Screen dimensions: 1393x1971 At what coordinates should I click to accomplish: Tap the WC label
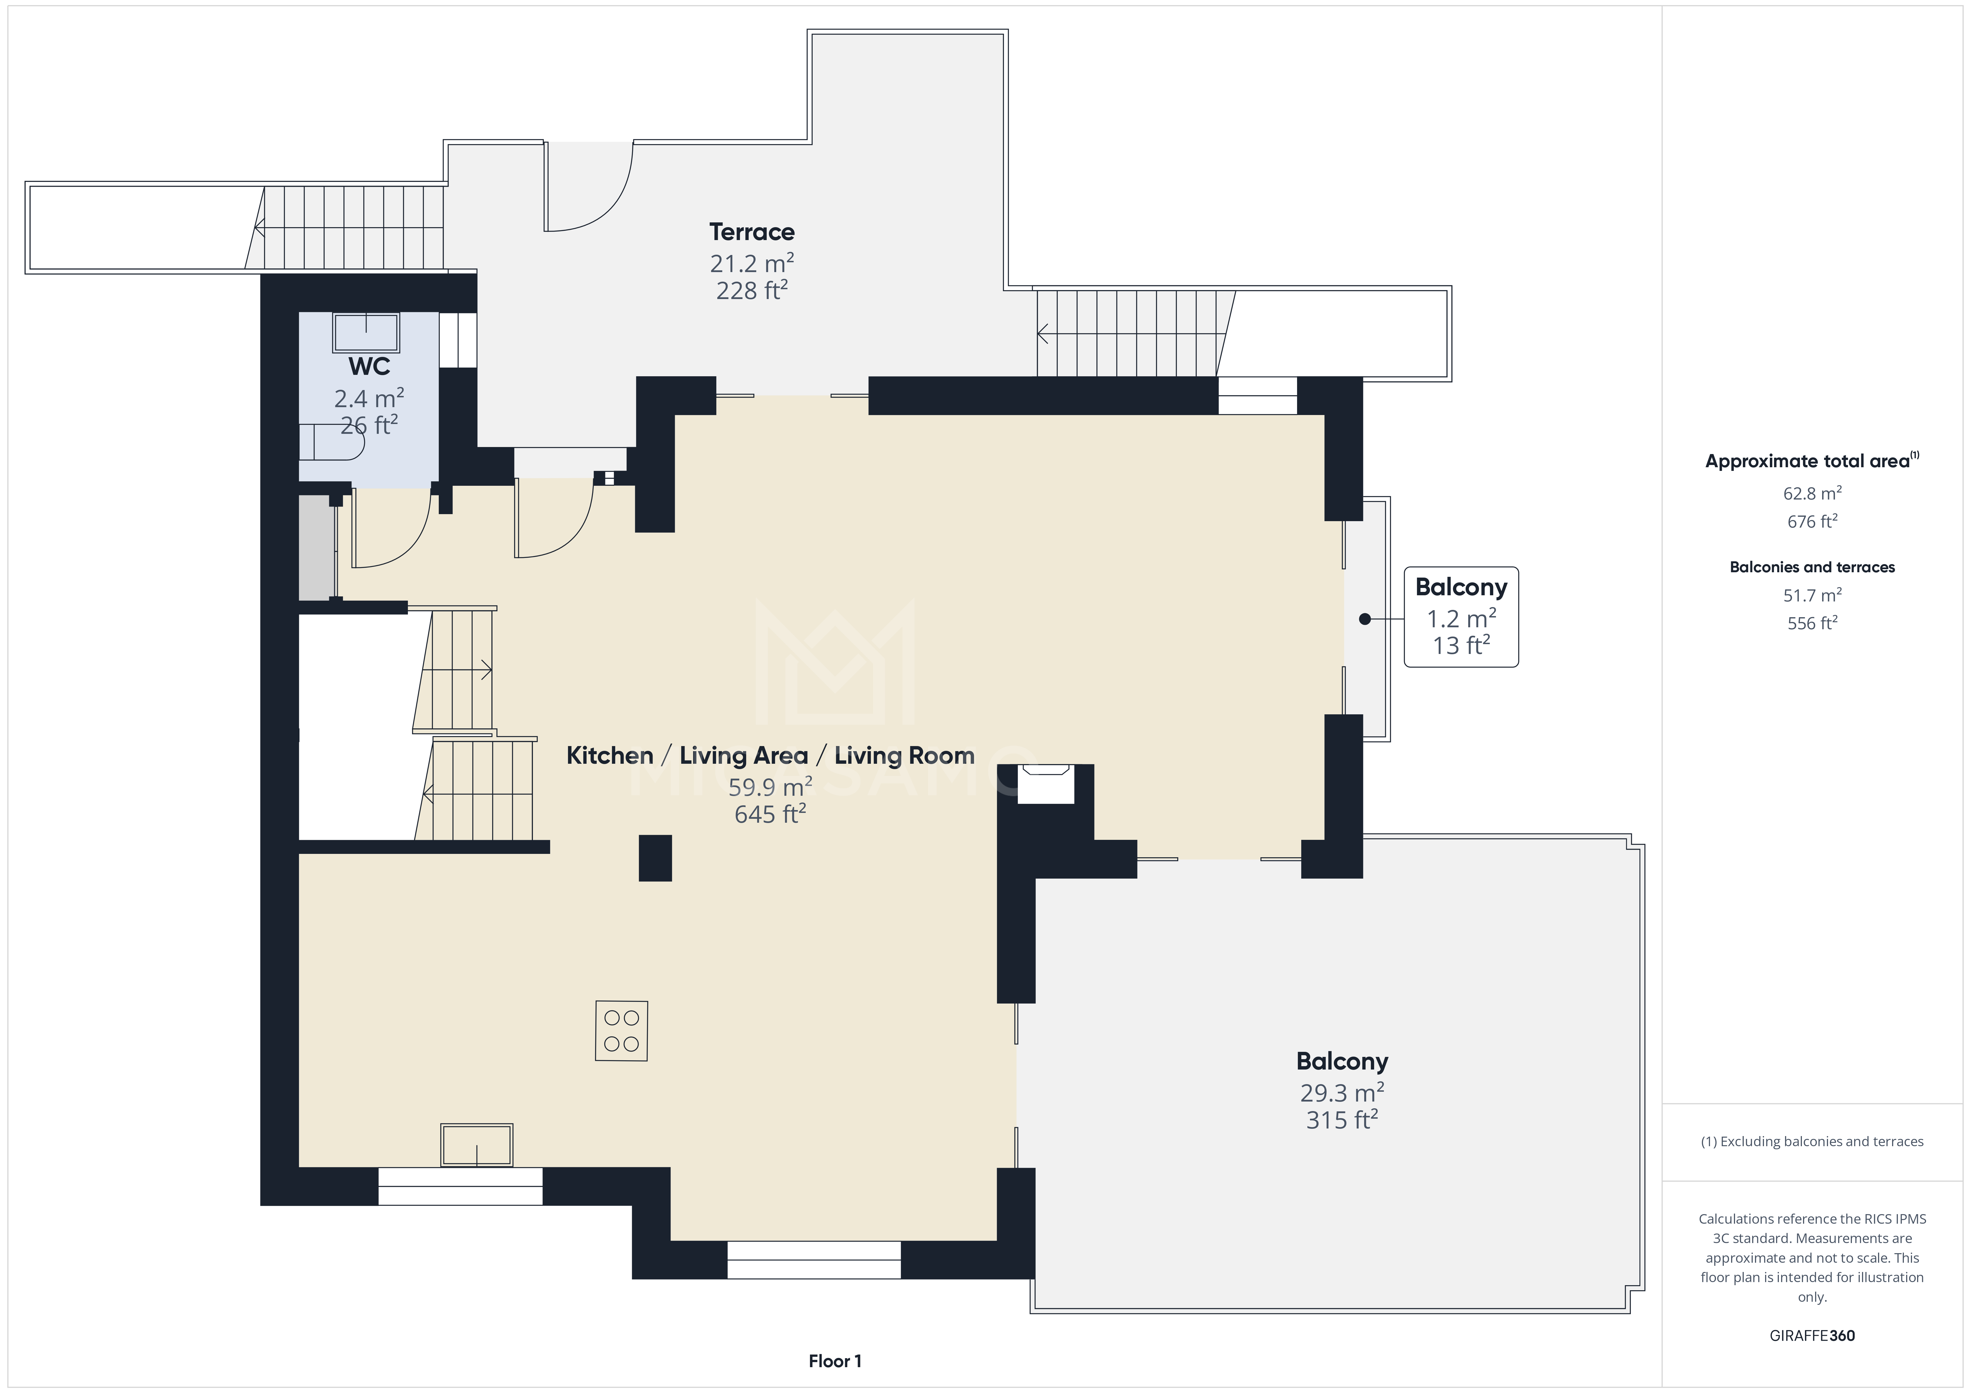pos(369,366)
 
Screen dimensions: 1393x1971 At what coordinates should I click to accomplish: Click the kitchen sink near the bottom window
pos(476,1145)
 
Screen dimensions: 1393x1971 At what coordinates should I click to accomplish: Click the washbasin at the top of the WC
pos(367,332)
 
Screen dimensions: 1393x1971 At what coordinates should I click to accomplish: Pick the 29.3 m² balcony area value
pos(1342,1093)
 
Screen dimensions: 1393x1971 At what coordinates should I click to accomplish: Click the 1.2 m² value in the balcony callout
pos(1461,618)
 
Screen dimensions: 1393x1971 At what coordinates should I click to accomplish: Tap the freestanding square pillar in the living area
pos(655,858)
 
